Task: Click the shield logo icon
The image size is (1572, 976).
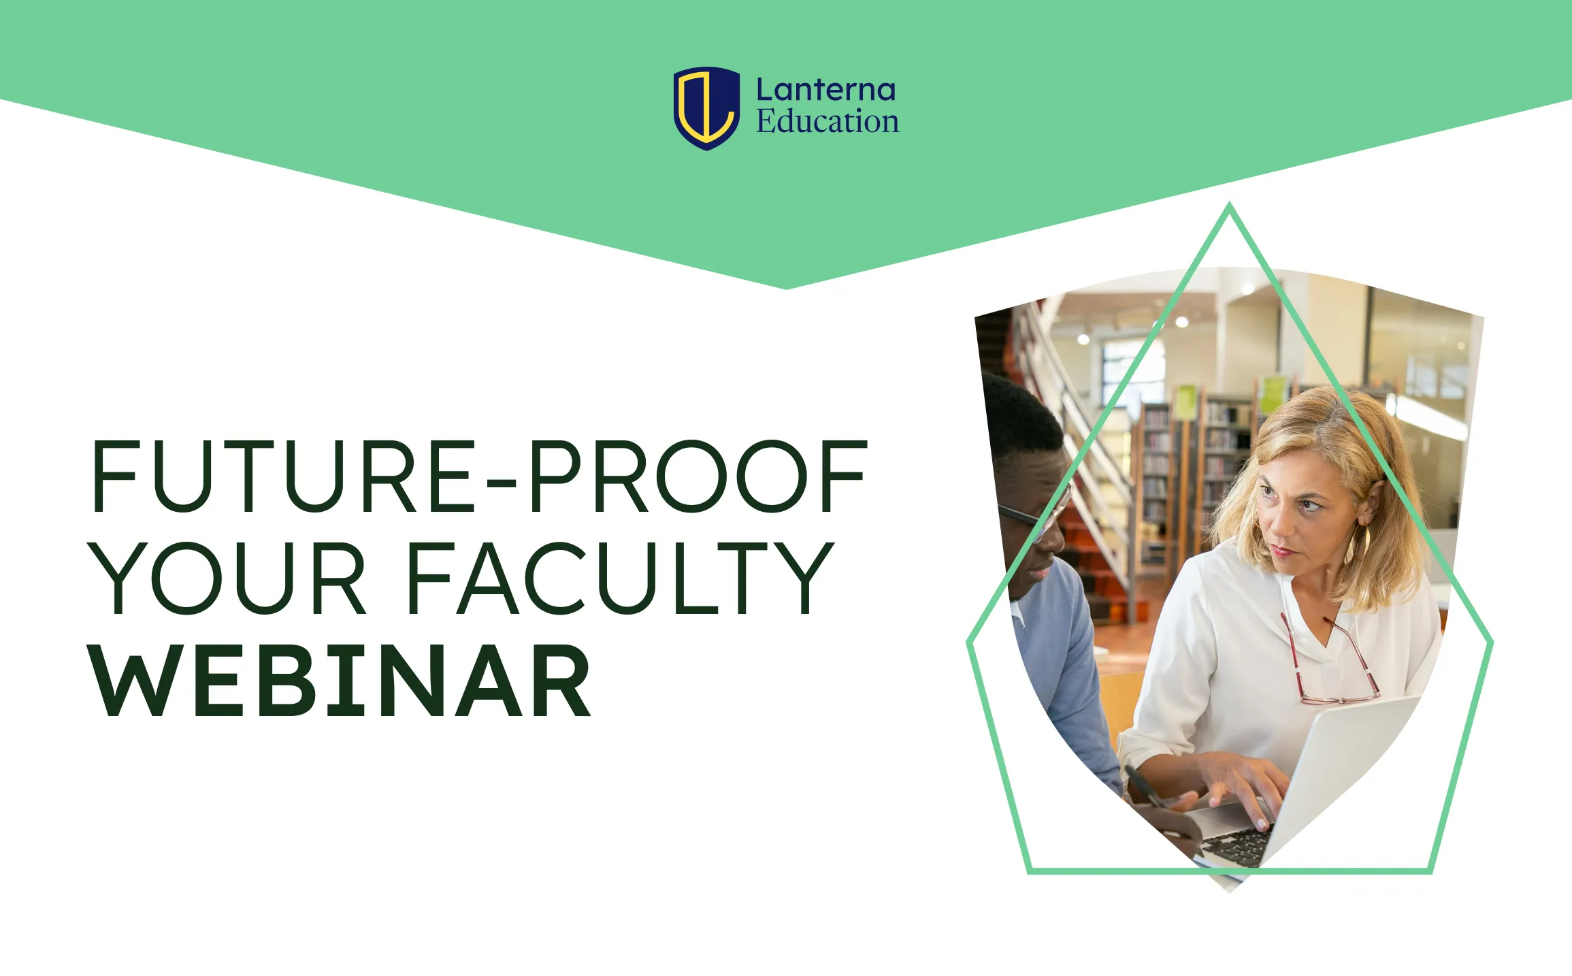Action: (706, 108)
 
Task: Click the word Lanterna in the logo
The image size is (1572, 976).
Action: (825, 90)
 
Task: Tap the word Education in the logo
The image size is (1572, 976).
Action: (828, 121)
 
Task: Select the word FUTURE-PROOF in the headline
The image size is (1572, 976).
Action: (479, 476)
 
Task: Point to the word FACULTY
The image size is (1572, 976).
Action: (621, 578)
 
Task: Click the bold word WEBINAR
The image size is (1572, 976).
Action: (340, 681)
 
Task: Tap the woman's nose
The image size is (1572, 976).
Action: (1279, 524)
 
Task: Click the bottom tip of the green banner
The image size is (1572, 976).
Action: (787, 287)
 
